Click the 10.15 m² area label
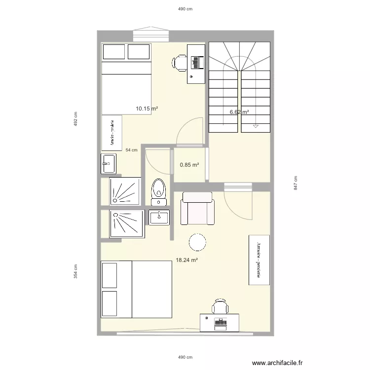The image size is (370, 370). [x=147, y=109]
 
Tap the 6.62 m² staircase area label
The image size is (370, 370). [x=239, y=112]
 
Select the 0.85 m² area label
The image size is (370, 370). [x=189, y=165]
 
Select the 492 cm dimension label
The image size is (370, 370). [x=76, y=119]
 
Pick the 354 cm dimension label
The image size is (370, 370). [x=76, y=271]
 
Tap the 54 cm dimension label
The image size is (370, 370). [x=132, y=150]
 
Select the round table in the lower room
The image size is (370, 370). [x=197, y=242]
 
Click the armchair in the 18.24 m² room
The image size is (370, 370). [x=197, y=209]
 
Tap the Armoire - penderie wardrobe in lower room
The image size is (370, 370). [x=259, y=259]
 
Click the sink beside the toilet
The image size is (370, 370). [x=159, y=217]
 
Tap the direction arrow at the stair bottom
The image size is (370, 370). [x=256, y=127]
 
